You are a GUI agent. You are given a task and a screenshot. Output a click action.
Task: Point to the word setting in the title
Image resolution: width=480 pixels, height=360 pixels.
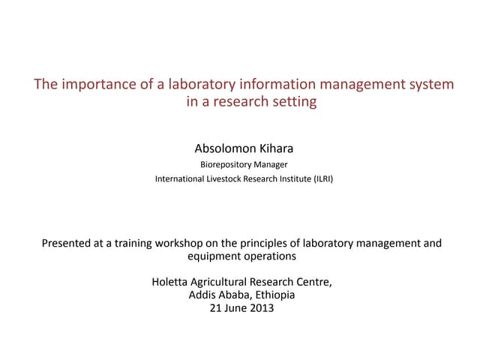(293, 102)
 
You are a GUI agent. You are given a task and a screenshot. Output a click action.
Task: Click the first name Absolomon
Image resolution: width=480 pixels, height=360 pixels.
(223, 148)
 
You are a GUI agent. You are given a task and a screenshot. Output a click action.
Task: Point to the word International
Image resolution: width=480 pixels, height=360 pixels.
(181, 179)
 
